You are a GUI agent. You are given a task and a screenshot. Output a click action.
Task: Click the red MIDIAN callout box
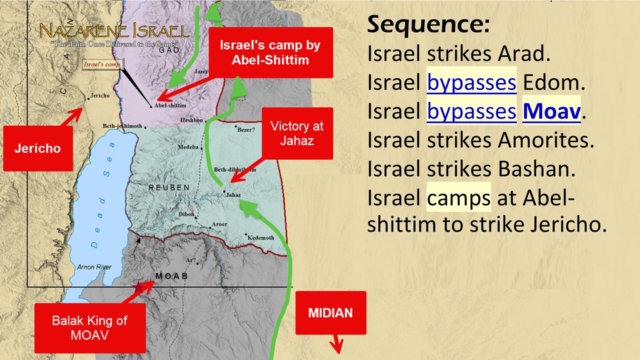(330, 313)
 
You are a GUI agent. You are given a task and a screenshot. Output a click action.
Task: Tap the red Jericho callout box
(38, 148)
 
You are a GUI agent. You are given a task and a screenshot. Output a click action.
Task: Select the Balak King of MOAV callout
(90, 328)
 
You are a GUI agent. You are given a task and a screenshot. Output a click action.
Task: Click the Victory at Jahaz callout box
(297, 133)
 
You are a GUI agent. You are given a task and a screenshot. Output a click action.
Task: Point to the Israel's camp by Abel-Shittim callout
(270, 52)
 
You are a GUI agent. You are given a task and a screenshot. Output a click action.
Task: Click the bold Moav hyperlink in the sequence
(551, 111)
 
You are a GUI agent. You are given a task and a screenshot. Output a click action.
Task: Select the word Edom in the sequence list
(554, 83)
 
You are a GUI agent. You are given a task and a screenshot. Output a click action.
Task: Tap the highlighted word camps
(458, 198)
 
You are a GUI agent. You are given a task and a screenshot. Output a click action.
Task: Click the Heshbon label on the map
(192, 120)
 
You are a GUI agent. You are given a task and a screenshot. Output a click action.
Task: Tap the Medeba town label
(188, 147)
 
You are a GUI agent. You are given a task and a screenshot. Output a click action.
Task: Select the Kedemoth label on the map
(261, 238)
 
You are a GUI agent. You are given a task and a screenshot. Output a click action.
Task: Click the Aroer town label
(219, 224)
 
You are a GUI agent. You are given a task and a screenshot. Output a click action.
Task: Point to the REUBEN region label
(169, 188)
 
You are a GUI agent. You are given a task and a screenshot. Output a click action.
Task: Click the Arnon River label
(94, 267)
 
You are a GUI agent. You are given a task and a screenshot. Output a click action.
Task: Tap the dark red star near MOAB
(138, 287)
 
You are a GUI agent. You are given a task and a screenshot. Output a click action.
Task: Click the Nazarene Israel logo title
(114, 31)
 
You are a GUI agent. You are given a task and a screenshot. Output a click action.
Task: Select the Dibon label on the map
(186, 214)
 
